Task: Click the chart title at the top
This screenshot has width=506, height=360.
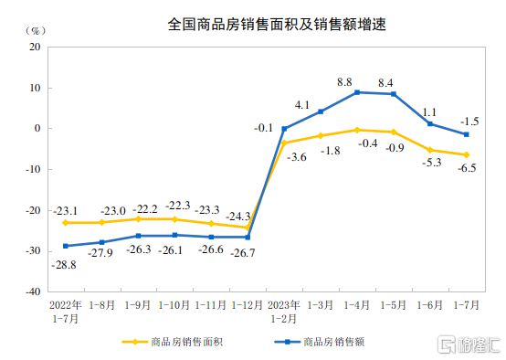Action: tap(252, 25)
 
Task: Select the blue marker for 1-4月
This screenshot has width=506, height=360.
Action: tap(357, 92)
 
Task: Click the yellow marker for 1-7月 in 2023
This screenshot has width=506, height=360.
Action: tap(467, 154)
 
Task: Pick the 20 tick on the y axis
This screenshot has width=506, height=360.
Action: tap(35, 47)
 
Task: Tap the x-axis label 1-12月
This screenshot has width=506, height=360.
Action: tap(248, 304)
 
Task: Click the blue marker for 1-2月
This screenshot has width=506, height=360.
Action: tap(284, 129)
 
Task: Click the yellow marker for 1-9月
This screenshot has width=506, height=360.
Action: tap(138, 219)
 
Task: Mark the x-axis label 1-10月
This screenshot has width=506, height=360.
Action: tap(174, 304)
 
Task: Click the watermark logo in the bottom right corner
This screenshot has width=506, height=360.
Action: tap(464, 344)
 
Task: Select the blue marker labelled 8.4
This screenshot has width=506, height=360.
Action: tap(394, 94)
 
